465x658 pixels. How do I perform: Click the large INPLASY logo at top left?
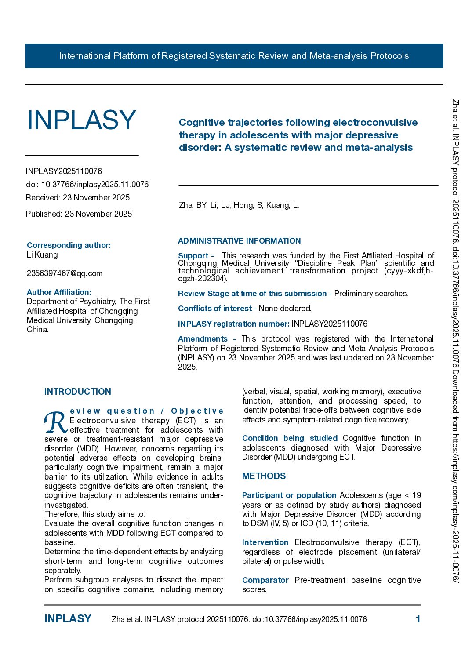point(81,120)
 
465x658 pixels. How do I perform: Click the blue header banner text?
point(234,56)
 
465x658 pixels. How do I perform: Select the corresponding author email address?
point(65,273)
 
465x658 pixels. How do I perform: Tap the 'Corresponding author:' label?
point(69,245)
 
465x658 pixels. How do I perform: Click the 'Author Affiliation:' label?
point(59,292)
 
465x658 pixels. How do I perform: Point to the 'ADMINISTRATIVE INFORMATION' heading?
point(239,240)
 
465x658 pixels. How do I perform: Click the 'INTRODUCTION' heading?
point(77,391)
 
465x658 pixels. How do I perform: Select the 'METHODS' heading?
point(264,476)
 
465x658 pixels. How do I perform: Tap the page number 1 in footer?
point(418,619)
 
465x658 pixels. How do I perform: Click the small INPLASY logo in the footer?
point(68,618)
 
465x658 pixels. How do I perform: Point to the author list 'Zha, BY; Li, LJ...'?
point(239,205)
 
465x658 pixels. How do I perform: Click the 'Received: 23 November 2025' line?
point(78,197)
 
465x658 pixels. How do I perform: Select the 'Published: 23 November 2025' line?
point(79,214)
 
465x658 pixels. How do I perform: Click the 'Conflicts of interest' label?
point(216,308)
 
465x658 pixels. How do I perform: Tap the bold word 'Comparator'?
point(265,580)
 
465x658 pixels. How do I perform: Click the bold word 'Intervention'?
point(265,542)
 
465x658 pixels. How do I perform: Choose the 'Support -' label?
point(196,255)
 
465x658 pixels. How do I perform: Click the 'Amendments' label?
point(203,338)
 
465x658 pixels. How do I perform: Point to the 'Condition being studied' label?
point(290,438)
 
